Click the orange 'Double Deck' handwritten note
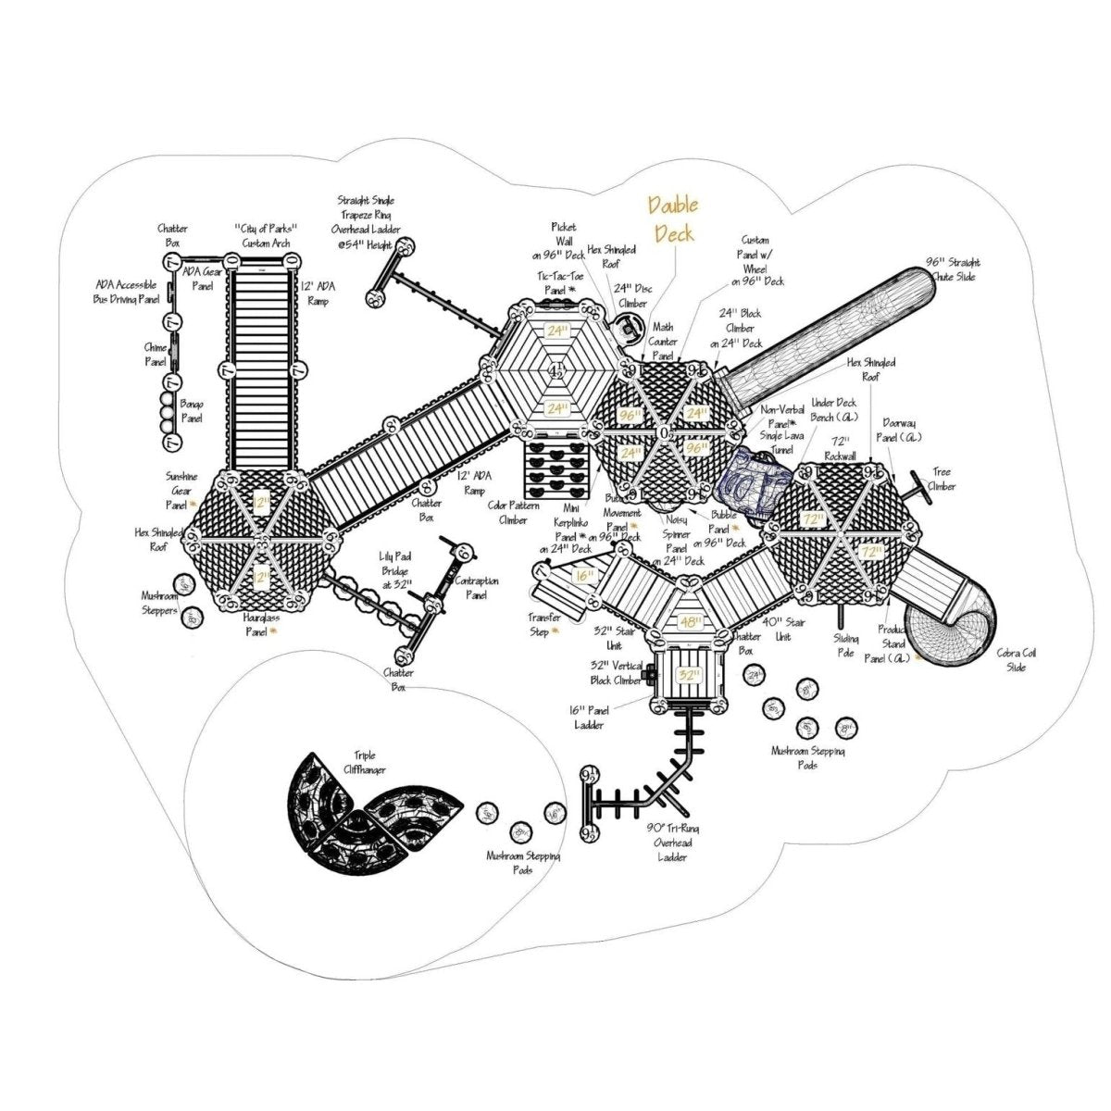(673, 218)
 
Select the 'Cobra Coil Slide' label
(1016, 660)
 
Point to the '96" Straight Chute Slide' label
(953, 268)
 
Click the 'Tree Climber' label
(942, 479)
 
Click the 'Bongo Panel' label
(193, 411)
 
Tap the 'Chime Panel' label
(155, 355)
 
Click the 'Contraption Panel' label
(478, 588)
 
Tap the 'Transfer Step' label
(545, 623)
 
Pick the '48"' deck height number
(691, 622)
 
